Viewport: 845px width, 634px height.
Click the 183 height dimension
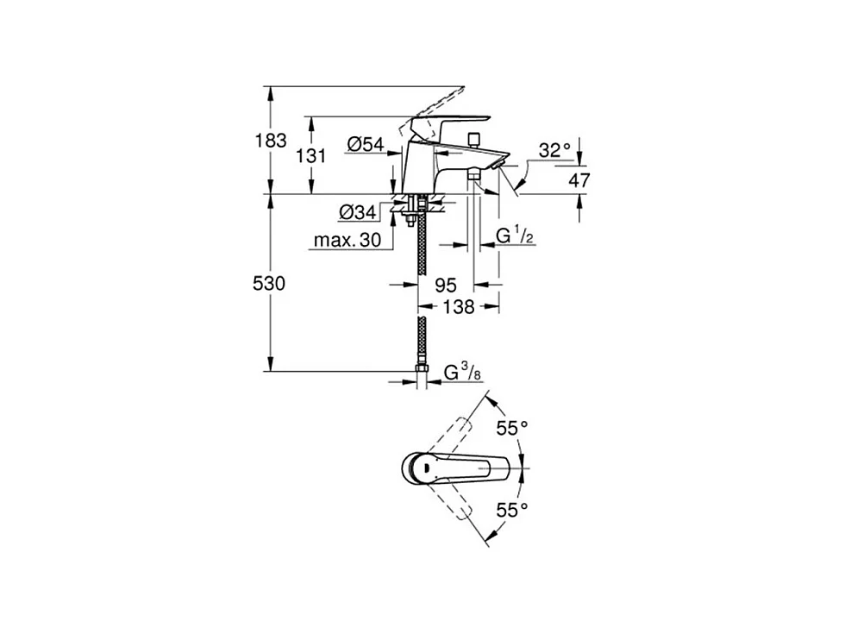point(271,141)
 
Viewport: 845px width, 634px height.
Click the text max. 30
point(347,242)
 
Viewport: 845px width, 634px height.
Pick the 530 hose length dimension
point(271,283)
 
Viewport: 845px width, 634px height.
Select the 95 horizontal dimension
point(445,284)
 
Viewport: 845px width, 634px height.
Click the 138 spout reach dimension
point(458,306)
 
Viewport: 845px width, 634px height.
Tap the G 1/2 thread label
point(515,235)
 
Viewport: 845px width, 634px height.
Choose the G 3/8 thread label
point(462,373)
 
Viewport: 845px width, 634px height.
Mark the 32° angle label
point(555,150)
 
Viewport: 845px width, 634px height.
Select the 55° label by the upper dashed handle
point(511,428)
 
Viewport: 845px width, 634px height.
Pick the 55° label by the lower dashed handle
point(511,510)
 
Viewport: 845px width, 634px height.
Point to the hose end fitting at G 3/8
point(422,373)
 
